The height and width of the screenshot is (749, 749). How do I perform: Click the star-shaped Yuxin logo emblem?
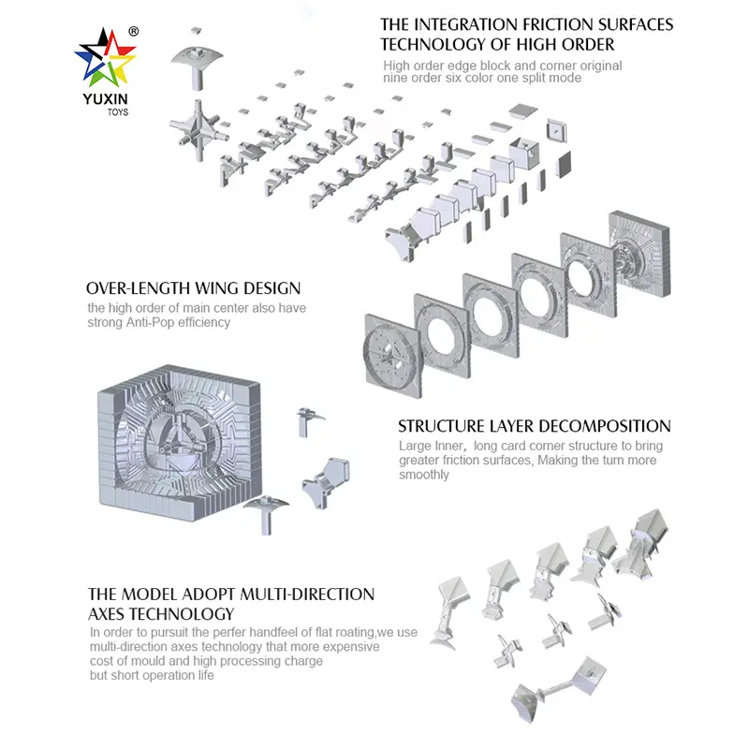coord(106,57)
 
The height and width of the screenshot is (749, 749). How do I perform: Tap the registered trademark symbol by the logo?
coord(134,32)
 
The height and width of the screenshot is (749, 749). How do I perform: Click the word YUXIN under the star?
coord(105,99)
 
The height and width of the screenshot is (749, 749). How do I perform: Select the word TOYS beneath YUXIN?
coord(118,112)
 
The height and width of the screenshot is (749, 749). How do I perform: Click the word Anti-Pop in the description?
coord(151,322)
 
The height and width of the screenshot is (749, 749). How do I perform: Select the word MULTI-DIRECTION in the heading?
coord(307,595)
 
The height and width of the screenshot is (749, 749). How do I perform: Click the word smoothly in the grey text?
coord(424,475)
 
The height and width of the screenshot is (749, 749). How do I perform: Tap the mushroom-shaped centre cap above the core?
coord(197,66)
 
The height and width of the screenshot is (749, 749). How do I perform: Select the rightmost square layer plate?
coord(640,254)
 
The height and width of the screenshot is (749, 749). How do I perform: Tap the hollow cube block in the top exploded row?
coord(524,153)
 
